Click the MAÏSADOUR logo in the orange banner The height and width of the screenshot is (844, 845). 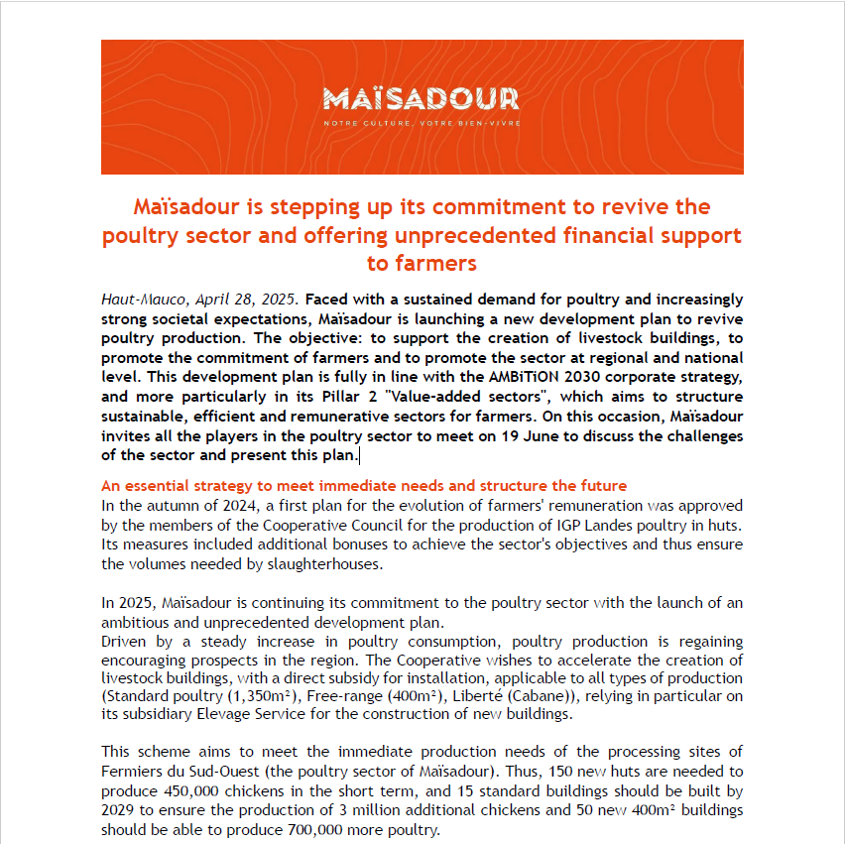pos(421,99)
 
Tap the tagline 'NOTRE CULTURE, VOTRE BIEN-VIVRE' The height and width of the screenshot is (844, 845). pos(421,123)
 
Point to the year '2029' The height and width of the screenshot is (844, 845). pos(122,809)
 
